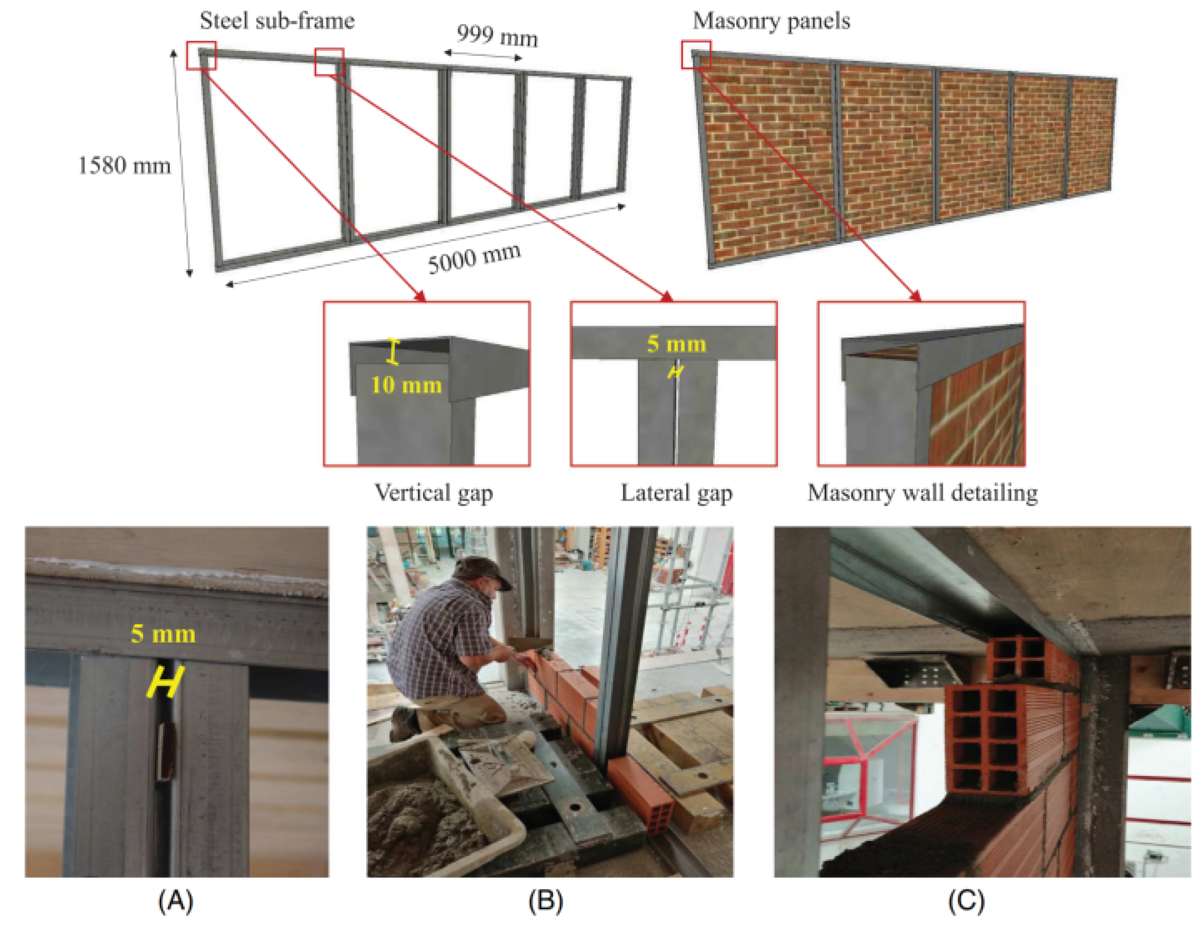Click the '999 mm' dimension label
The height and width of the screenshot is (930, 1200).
tap(497, 36)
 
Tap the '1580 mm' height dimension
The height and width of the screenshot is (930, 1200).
tap(124, 165)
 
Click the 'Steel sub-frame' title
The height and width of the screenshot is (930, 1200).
tap(277, 21)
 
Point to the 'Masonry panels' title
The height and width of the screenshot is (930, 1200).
tap(771, 21)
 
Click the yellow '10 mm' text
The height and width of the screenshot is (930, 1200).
tap(406, 385)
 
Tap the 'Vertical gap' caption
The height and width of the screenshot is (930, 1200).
tap(434, 493)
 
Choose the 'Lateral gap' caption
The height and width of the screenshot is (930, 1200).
tap(676, 493)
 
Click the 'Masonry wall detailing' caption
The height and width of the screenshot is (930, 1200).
tap(923, 493)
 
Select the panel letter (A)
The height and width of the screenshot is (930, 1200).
tap(175, 901)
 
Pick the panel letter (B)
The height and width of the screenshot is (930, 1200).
tap(545, 901)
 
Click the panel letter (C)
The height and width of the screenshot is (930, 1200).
tap(966, 901)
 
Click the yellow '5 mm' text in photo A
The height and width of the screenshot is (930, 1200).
tap(163, 634)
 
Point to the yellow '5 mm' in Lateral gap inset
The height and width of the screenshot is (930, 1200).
tap(676, 344)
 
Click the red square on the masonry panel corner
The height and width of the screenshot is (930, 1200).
tap(696, 54)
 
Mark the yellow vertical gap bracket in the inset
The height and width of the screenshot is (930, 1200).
tap(393, 351)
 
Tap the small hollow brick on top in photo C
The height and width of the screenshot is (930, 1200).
tap(1016, 657)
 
